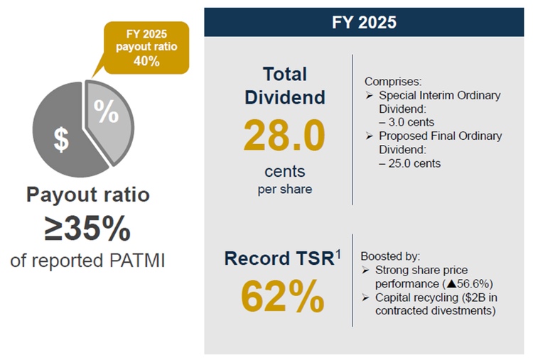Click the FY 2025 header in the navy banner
[364, 21]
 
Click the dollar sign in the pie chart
[62, 139]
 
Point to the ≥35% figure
[88, 228]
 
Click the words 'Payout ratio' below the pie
[88, 195]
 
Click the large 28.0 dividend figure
[284, 136]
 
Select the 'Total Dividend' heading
[284, 86]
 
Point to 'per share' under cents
[284, 189]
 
